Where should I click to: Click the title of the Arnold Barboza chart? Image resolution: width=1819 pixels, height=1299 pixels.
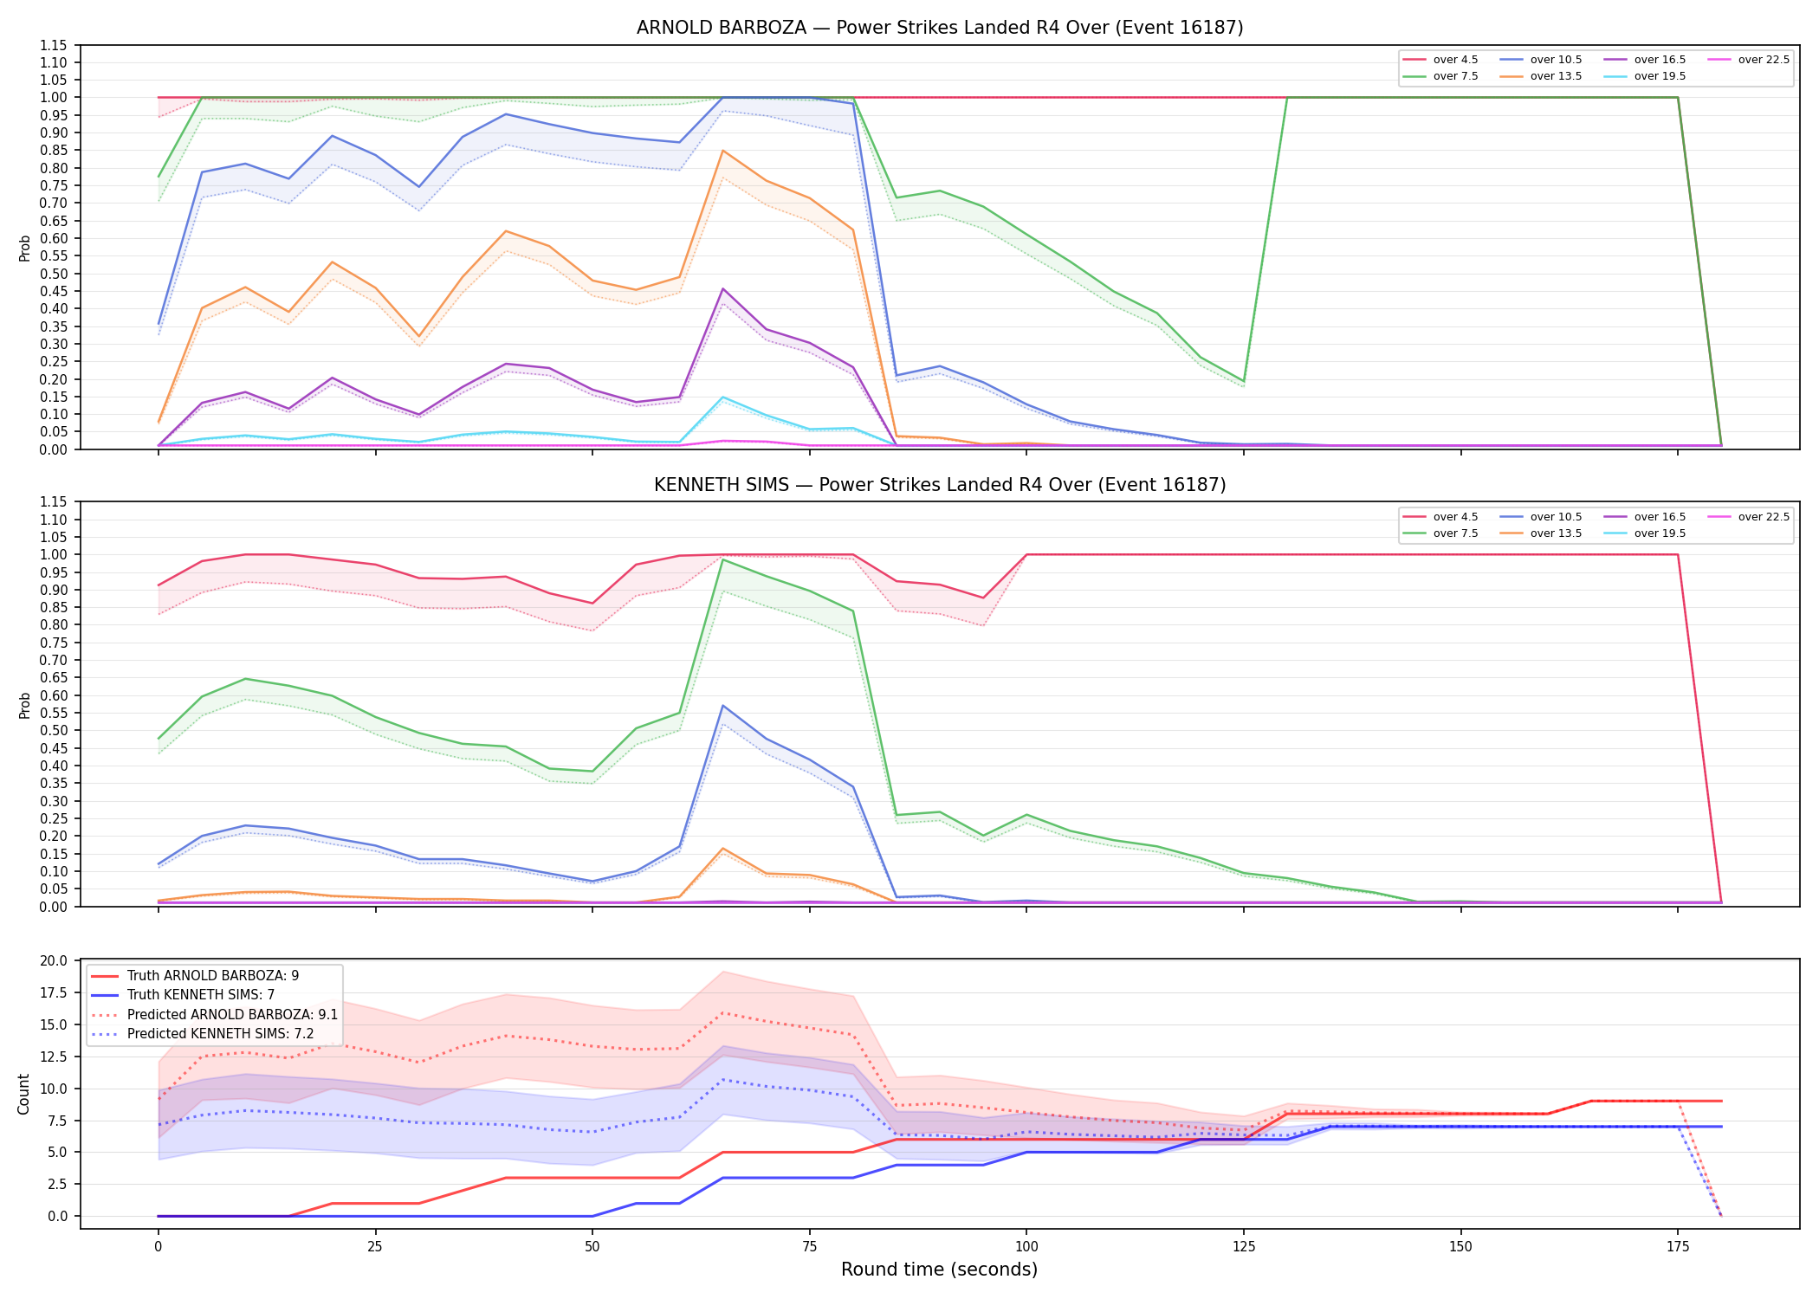point(940,28)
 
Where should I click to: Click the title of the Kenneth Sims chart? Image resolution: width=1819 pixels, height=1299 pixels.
point(940,485)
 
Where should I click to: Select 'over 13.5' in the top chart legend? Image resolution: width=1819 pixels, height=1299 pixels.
point(1556,76)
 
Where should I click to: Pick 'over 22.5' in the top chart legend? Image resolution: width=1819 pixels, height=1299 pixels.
point(1764,60)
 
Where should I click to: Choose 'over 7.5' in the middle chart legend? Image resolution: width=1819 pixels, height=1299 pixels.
point(1455,533)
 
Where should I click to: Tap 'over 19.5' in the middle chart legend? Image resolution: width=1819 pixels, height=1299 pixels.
point(1660,533)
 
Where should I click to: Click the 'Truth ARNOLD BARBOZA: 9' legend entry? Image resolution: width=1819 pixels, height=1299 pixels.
point(213,976)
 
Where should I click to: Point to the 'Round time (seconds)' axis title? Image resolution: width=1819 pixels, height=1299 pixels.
point(939,1270)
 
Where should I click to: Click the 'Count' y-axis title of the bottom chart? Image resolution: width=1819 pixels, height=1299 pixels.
point(23,1094)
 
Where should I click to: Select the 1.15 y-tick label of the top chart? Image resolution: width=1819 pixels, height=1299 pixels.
point(54,45)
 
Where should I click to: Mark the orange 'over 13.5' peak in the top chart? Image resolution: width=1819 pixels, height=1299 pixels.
point(723,151)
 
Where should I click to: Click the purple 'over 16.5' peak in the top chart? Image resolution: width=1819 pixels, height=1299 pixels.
point(723,288)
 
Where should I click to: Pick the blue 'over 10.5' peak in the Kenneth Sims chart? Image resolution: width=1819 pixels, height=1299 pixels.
point(723,706)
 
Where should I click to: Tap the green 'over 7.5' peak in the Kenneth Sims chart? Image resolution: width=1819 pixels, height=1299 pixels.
point(723,559)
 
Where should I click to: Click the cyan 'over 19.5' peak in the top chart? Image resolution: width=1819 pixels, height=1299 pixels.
point(723,397)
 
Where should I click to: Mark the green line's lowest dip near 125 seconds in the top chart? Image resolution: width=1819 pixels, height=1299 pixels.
point(1244,381)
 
